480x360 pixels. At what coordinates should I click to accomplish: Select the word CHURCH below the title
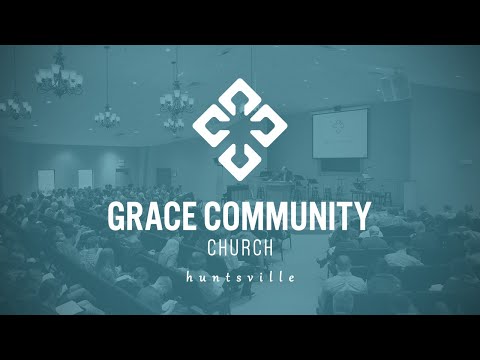coord(240,247)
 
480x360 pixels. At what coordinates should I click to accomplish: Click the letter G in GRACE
coord(118,216)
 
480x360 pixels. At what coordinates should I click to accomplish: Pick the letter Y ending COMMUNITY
coord(362,216)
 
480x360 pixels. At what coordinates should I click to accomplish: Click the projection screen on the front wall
coord(339,133)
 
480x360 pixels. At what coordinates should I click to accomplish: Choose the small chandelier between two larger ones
coord(107,114)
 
